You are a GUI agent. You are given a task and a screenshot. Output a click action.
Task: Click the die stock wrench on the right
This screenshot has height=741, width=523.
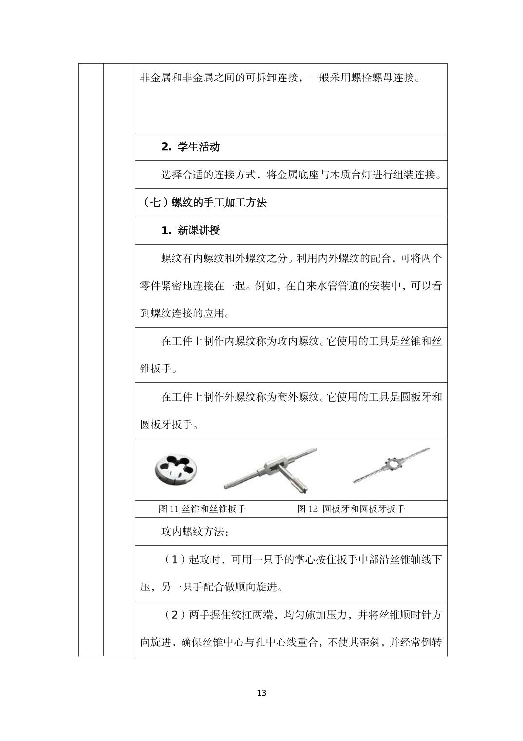click(391, 465)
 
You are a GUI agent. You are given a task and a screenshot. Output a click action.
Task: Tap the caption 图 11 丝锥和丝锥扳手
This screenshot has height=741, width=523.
click(202, 509)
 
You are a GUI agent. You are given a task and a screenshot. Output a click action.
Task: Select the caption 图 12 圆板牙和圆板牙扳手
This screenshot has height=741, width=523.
click(351, 509)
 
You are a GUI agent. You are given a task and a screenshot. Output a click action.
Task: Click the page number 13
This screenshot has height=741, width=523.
click(261, 693)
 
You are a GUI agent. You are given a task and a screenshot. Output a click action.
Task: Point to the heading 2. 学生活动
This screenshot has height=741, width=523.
click(190, 147)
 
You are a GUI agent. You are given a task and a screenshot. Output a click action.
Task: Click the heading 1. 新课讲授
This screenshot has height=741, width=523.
click(190, 231)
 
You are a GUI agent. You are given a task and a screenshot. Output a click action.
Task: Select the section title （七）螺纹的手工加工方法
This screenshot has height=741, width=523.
click(203, 203)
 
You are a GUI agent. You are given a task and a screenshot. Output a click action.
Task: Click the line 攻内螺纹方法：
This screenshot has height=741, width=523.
click(195, 531)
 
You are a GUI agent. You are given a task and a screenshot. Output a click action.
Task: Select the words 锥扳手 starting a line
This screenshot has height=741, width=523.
click(156, 369)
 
